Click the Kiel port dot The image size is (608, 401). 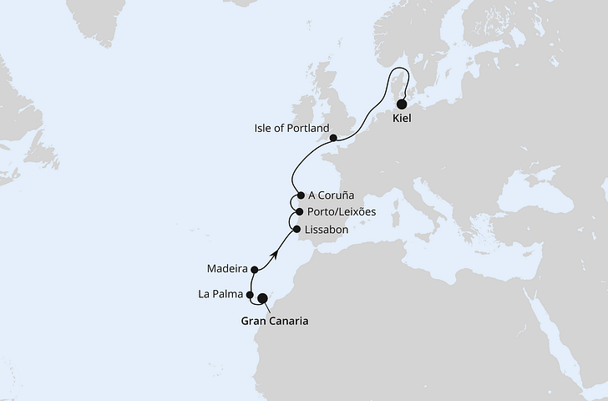[402, 105]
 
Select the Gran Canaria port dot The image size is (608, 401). [262, 298]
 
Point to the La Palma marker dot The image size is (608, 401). [251, 294]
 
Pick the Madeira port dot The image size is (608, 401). [253, 269]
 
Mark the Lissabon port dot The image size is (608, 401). [296, 227]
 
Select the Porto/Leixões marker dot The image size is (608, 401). [299, 212]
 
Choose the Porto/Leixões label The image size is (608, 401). [342, 212]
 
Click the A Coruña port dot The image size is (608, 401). [299, 195]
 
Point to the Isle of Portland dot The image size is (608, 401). [333, 139]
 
